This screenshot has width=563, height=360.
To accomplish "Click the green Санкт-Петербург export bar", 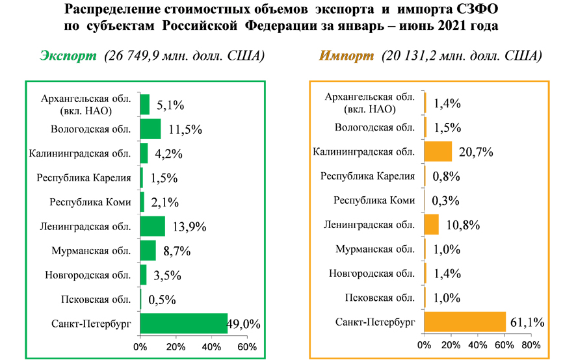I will tap(183, 323).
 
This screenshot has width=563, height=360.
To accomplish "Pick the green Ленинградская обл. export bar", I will tap(152, 225).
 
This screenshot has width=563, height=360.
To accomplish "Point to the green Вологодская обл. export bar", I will tap(150, 129).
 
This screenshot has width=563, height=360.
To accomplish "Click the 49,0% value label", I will tap(244, 324).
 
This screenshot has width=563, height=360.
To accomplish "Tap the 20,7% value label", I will tap(473, 153).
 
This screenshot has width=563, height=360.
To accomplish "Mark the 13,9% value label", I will tap(190, 227).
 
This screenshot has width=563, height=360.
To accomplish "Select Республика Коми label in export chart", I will tap(90, 201).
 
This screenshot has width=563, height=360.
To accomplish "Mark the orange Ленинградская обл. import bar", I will tap(432, 225).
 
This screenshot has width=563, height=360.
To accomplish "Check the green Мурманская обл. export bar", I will tap(148, 250).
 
